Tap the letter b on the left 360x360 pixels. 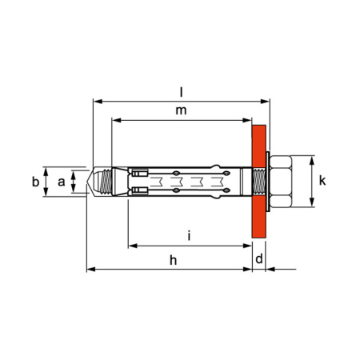click(x=35, y=182)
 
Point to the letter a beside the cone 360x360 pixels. click(x=62, y=182)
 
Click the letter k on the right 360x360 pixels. click(x=322, y=182)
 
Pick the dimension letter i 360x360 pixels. click(x=188, y=235)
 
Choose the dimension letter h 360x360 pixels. click(x=173, y=260)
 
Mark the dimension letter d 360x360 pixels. click(x=259, y=260)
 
